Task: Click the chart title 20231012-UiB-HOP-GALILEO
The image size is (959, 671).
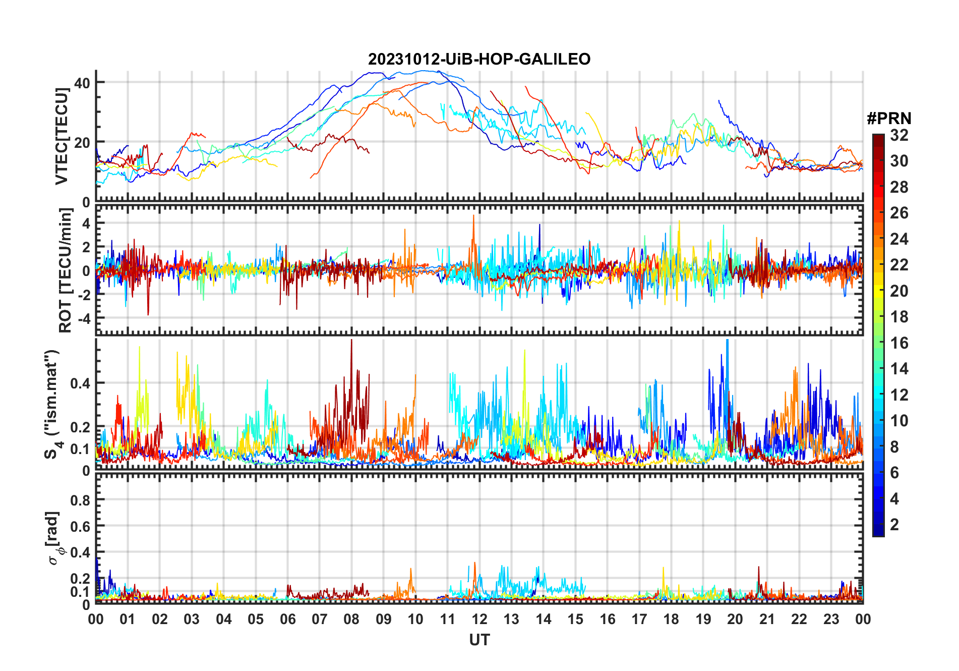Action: [x=479, y=59]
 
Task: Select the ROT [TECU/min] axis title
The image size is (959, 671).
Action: [x=66, y=270]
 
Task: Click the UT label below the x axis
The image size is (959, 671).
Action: [x=479, y=640]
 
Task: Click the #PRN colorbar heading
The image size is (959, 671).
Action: [x=889, y=119]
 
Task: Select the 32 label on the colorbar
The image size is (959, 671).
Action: [x=899, y=135]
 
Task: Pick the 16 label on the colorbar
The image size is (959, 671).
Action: [x=899, y=343]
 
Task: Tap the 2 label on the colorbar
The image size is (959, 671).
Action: [x=894, y=525]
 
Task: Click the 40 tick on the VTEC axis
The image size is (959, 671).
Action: [x=82, y=83]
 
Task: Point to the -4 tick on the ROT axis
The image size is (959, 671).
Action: [x=82, y=319]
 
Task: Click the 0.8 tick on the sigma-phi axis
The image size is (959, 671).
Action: [x=80, y=500]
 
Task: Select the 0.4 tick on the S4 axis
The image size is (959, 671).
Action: [x=80, y=383]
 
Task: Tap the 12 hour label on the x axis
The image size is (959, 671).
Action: [x=479, y=619]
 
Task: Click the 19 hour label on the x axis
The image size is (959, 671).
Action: [x=703, y=619]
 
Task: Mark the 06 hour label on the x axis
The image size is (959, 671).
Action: [x=287, y=619]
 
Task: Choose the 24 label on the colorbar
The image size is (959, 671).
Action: [x=899, y=239]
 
